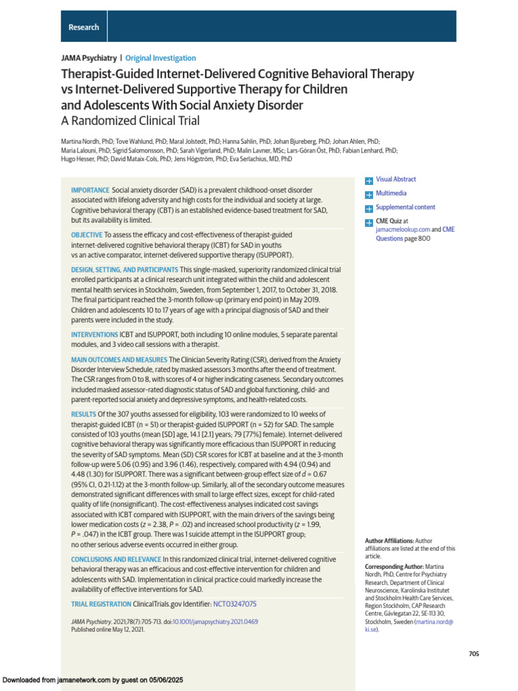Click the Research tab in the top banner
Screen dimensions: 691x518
pyautogui.click(x=84, y=27)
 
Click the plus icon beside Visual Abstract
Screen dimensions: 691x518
pyautogui.click(x=368, y=180)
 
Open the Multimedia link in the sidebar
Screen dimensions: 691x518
pyautogui.click(x=391, y=194)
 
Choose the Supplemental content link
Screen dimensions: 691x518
pyautogui.click(x=405, y=207)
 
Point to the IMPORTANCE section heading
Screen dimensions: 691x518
pyautogui.click(x=90, y=191)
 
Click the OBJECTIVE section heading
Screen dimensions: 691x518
pyautogui.click(x=87, y=235)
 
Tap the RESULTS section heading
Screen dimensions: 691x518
pyautogui.click(x=84, y=414)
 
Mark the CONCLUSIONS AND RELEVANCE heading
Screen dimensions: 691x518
pyautogui.click(x=116, y=559)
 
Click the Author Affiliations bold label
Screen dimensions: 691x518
pyautogui.click(x=388, y=541)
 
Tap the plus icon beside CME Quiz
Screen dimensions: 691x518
pyautogui.click(x=368, y=221)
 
